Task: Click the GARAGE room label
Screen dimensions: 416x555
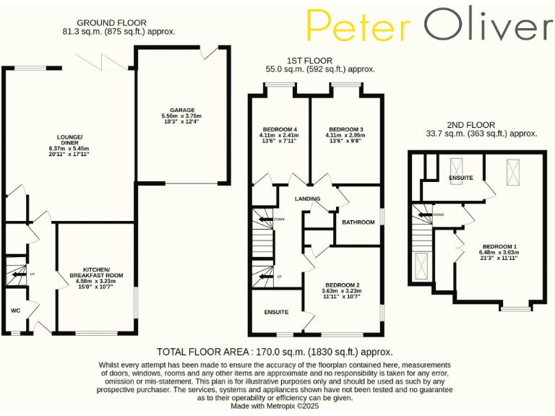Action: (182, 110)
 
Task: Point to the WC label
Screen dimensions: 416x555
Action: (15, 311)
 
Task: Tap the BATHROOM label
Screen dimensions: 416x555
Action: (358, 222)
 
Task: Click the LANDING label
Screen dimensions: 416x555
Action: (307, 198)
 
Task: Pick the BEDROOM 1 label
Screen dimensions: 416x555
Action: (499, 246)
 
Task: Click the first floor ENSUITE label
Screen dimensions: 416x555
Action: (275, 312)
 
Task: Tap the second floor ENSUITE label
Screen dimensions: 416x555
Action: (460, 177)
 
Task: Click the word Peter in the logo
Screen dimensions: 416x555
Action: (359, 26)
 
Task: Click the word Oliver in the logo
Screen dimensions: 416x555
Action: (488, 26)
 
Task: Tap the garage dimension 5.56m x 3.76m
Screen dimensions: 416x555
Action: (182, 116)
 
